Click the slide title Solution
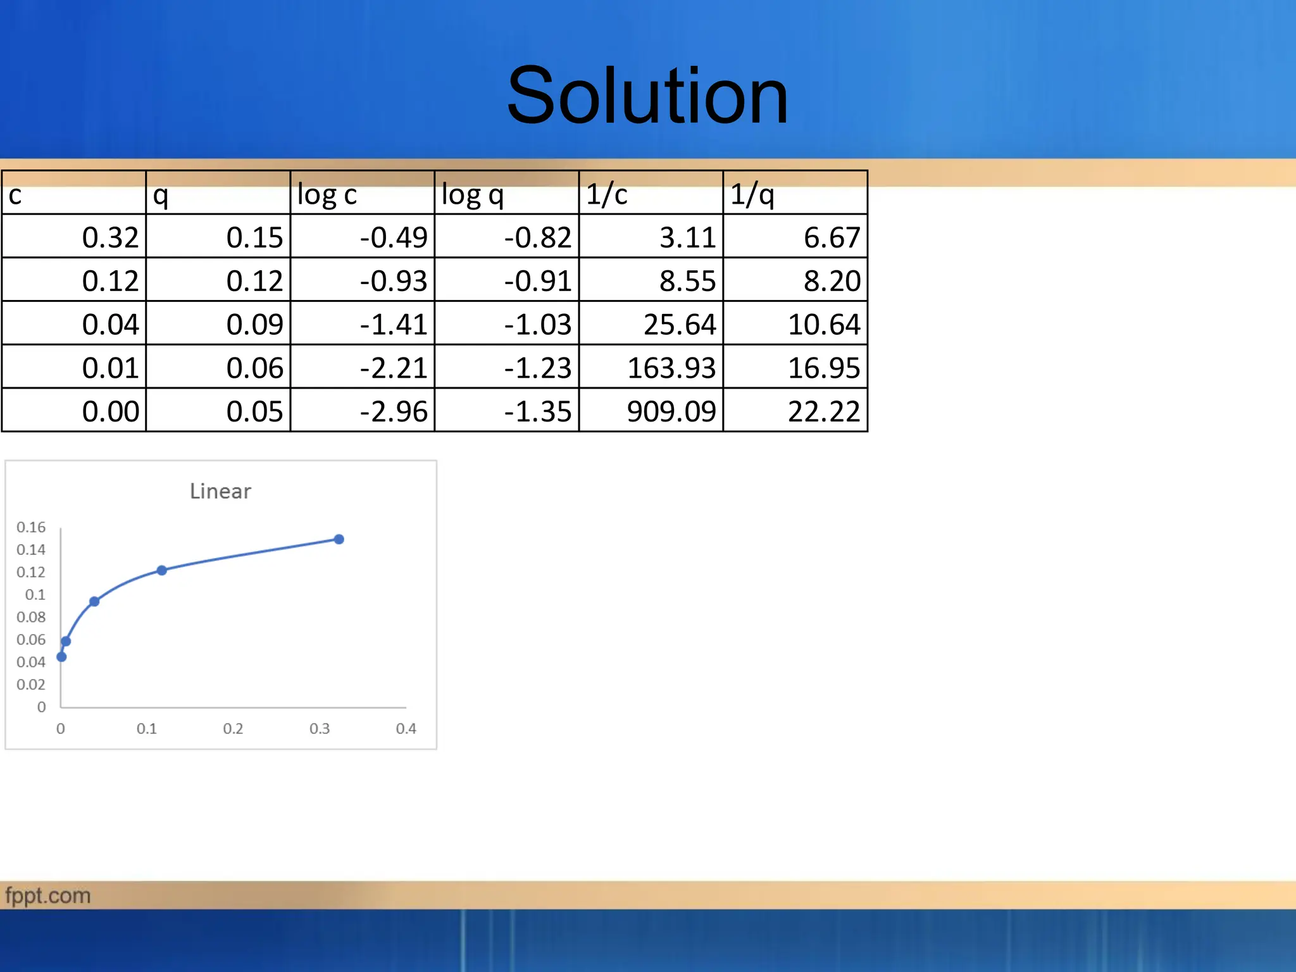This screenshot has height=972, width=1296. point(647,96)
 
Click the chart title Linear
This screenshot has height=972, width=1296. point(220,491)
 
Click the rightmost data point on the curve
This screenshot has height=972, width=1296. point(339,539)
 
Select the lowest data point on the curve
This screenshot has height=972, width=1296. point(61,657)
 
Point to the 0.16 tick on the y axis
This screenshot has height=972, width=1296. point(31,527)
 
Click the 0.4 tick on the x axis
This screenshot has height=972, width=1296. point(406,728)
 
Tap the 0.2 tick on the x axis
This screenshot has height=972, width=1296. point(233,728)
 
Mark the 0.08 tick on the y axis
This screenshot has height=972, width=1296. point(31,617)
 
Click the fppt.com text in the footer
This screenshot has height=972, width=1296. point(48,895)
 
